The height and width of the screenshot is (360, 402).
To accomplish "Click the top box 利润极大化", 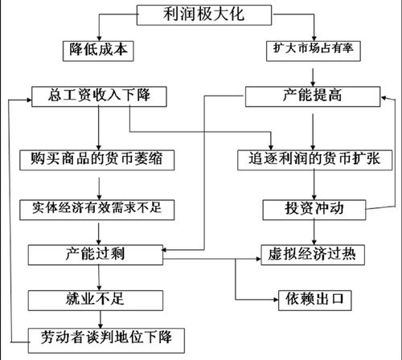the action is [x=204, y=15].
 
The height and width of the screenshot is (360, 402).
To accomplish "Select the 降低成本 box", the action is [x=98, y=51].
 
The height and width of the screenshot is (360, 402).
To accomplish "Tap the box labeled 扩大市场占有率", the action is [x=314, y=51].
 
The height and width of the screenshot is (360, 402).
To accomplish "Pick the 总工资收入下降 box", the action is [x=99, y=96].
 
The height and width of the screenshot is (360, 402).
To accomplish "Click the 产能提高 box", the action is [x=313, y=96].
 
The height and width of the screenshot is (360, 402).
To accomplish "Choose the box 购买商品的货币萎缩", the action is [x=97, y=160].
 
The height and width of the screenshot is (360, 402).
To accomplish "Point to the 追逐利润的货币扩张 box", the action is [x=315, y=160].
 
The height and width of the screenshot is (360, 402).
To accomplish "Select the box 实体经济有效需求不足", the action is [x=97, y=210].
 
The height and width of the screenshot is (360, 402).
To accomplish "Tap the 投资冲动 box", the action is [x=314, y=210].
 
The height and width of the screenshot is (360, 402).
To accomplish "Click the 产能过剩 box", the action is [x=96, y=255].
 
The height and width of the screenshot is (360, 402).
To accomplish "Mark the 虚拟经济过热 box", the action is [x=313, y=255].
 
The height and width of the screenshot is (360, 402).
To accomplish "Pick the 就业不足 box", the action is [x=96, y=301].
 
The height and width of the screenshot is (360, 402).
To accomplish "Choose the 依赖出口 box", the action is [x=315, y=301].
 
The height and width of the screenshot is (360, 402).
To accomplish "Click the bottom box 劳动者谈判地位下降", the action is [x=106, y=341].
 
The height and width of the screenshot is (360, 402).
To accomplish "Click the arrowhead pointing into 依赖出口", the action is [x=276, y=300].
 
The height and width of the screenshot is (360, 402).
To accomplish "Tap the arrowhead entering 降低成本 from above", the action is [x=99, y=39].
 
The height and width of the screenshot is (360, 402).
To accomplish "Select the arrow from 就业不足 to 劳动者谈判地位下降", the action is [x=100, y=320].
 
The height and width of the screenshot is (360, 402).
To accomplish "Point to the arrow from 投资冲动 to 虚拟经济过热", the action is [x=314, y=232].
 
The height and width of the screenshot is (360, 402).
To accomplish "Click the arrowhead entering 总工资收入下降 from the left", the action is [x=29, y=100].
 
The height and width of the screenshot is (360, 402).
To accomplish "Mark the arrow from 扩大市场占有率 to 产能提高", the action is [x=313, y=77].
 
